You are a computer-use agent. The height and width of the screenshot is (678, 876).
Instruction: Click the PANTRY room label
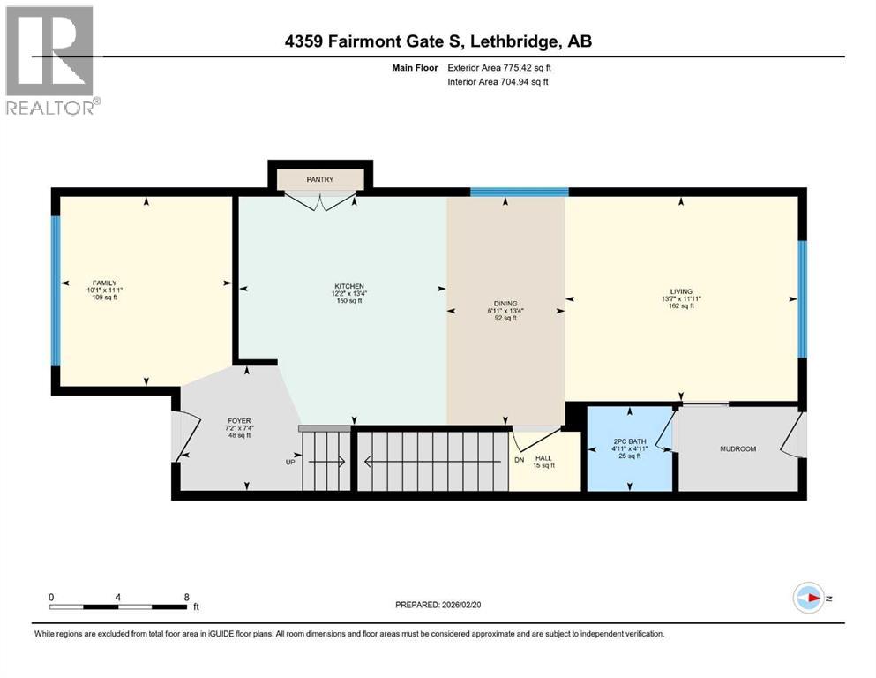coord(319,179)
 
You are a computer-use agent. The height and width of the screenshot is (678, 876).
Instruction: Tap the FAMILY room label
coord(105,282)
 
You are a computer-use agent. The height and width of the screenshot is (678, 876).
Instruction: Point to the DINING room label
coord(505,304)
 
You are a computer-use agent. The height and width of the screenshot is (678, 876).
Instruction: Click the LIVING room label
coord(680,291)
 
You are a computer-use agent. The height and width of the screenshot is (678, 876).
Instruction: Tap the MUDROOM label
coord(737,449)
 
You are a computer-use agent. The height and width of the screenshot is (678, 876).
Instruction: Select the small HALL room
coord(547,460)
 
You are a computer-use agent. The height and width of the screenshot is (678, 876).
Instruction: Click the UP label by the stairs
coord(289,462)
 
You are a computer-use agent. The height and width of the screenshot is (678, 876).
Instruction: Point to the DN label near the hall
coord(520,459)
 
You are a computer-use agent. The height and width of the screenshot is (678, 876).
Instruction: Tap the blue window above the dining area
coord(519,192)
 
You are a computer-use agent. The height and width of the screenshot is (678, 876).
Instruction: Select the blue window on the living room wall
coord(802,298)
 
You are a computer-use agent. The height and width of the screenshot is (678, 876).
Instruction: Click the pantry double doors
coord(321,203)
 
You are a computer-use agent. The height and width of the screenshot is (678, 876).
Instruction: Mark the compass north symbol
coord(809,598)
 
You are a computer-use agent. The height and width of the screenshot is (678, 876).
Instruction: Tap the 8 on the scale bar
coord(186,597)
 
